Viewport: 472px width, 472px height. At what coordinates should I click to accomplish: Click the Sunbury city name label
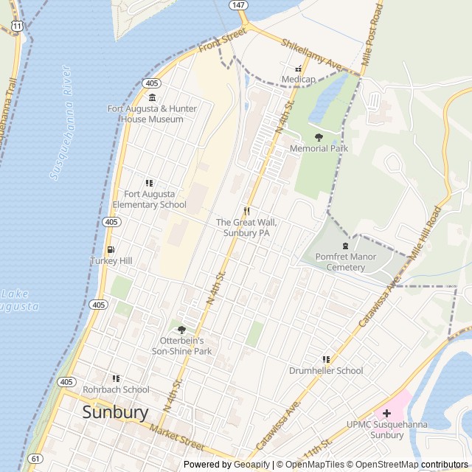point(115,412)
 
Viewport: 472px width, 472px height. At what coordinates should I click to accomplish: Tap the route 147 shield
point(237,4)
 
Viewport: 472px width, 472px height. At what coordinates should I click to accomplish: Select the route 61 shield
point(35,459)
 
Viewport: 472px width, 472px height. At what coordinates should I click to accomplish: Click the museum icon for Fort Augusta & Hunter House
point(152,98)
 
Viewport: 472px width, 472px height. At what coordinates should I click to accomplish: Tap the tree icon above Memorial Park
point(319,137)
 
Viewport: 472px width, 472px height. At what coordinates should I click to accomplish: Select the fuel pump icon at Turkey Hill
point(111,250)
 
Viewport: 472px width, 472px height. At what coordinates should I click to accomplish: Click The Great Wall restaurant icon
point(248,211)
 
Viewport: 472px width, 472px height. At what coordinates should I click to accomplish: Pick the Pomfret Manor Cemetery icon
point(345,246)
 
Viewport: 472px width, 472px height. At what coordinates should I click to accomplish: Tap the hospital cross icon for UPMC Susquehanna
point(386,413)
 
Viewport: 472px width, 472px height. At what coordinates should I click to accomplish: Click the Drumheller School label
point(326,371)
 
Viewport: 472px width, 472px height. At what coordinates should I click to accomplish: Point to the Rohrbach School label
point(116,389)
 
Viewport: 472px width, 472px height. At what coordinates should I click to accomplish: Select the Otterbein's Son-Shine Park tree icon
point(181,330)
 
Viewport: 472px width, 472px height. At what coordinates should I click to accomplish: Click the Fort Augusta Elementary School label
point(150,199)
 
